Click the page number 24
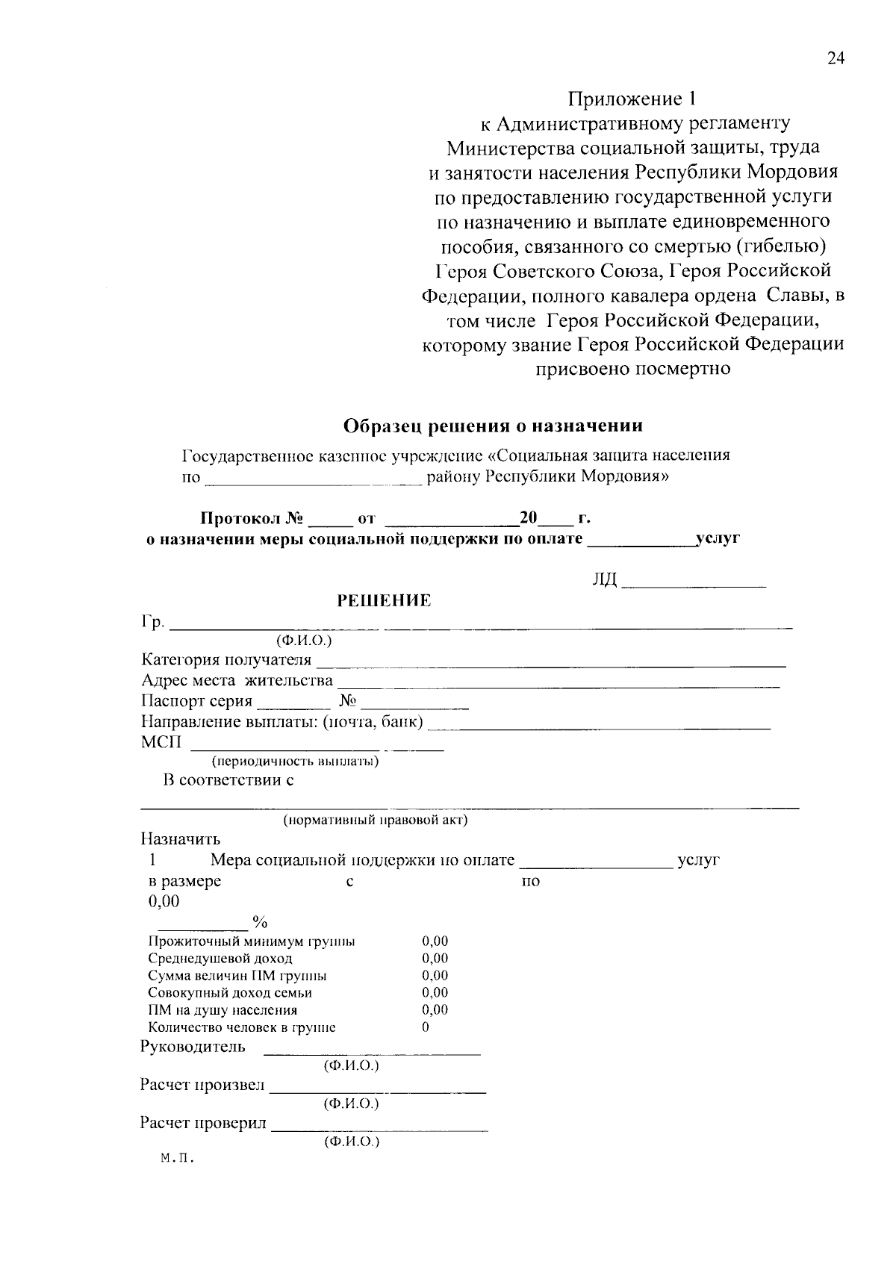tap(835, 60)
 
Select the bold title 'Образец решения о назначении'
tap(493, 426)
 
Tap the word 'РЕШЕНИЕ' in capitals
tap(385, 601)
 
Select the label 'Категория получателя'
tap(226, 659)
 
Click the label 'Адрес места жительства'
tap(237, 680)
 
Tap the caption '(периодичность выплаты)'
tap(295, 762)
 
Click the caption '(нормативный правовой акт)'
tap(375, 821)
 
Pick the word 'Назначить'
tap(180, 839)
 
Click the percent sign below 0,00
tap(260, 921)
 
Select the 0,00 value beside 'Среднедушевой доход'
tap(435, 959)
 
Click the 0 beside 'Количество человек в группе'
tap(426, 1027)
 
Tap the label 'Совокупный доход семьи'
tap(230, 993)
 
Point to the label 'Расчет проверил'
tap(203, 1123)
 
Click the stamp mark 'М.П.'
tap(177, 1160)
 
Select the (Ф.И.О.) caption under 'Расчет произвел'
tap(351, 1103)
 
